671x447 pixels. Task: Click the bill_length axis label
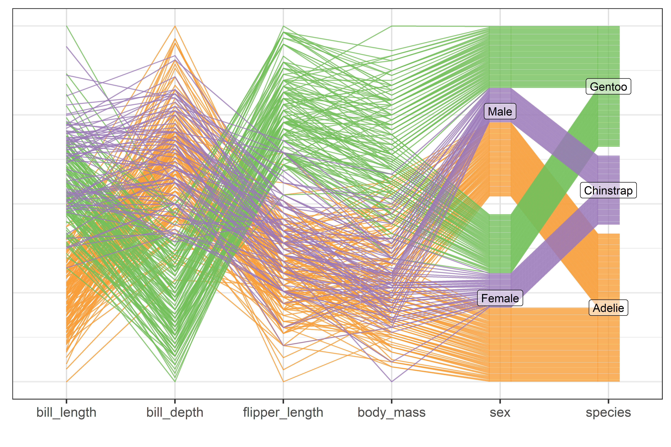[66, 412]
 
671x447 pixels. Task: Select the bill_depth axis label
[175, 412]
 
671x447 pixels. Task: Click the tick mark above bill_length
[66, 401]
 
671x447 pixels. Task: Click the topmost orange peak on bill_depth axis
[175, 26]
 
